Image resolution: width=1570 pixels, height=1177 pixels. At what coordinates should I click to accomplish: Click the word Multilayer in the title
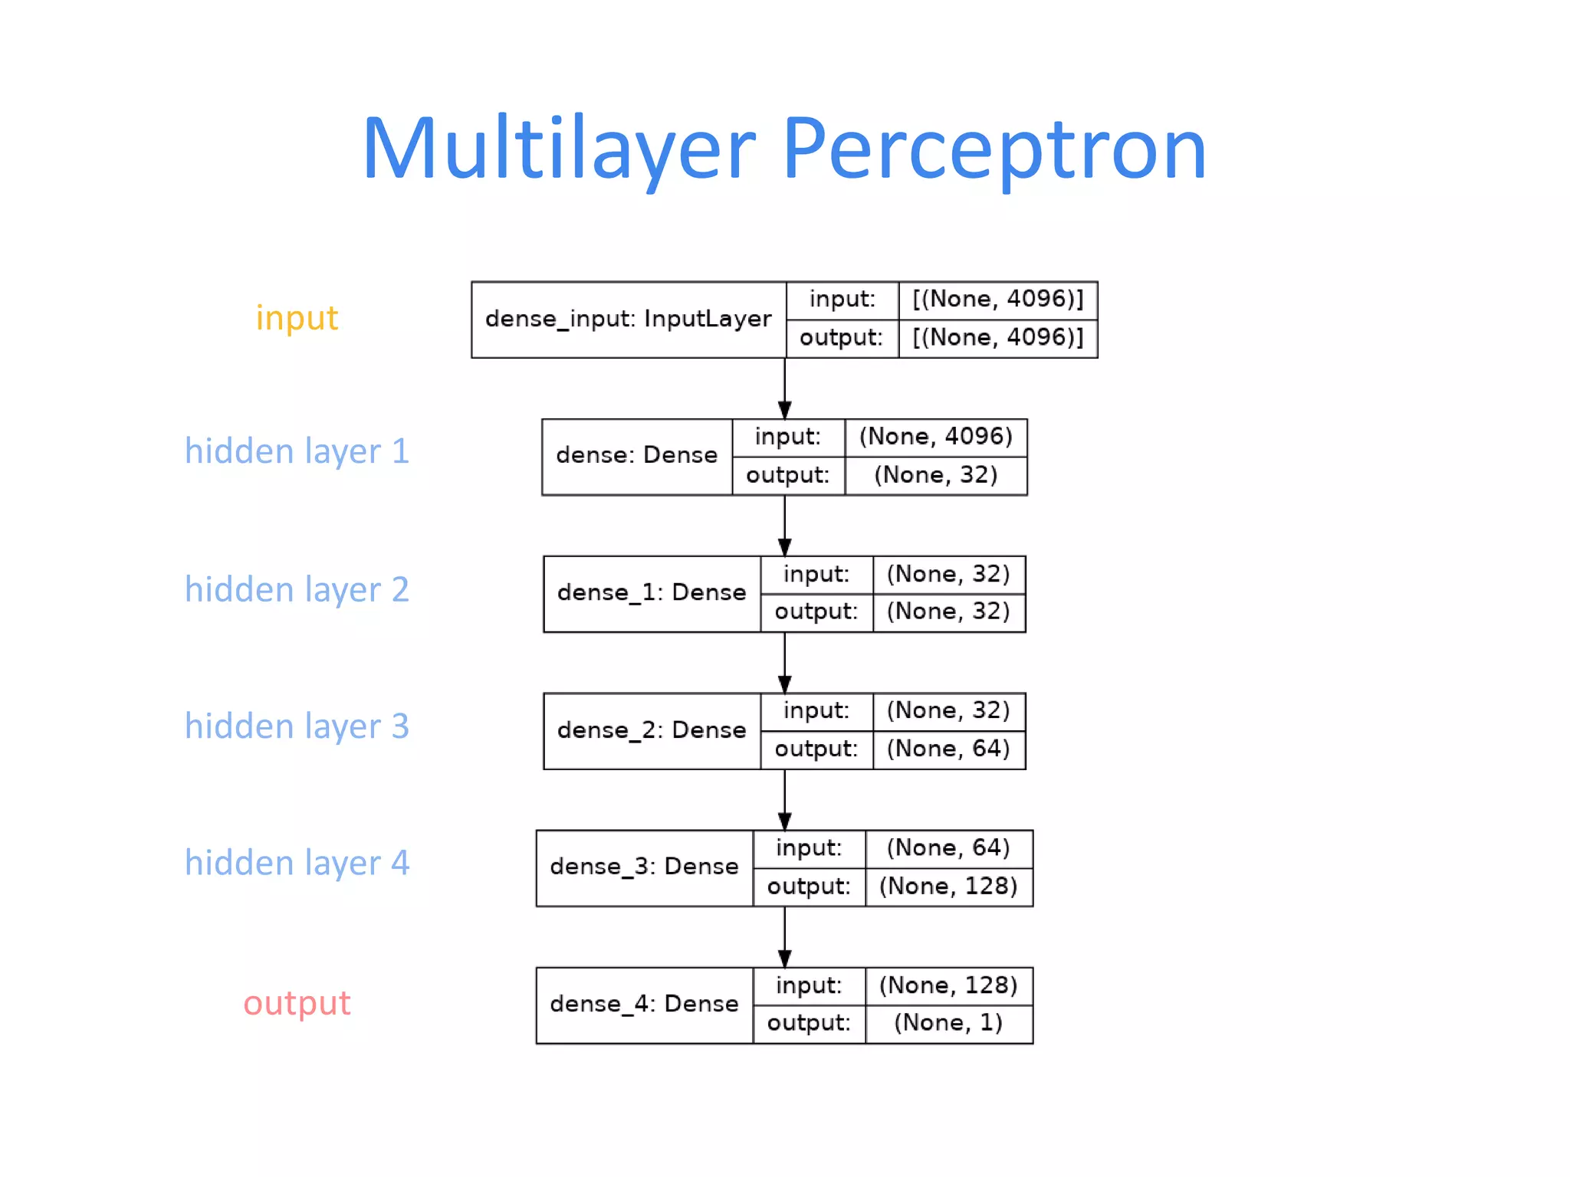[x=558, y=149]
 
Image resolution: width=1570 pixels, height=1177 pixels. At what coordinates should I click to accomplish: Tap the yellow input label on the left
[x=297, y=318]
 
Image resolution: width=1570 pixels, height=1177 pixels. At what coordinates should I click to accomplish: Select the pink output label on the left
[x=297, y=1003]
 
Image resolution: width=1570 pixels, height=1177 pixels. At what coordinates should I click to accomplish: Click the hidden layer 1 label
[x=297, y=451]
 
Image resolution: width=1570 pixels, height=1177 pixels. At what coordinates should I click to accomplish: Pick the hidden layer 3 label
[x=297, y=726]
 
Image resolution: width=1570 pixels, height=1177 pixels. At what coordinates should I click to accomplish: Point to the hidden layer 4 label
[x=297, y=864]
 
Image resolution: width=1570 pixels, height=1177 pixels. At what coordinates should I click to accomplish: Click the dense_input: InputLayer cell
[x=629, y=320]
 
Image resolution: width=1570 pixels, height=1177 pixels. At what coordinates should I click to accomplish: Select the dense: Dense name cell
[x=636, y=456]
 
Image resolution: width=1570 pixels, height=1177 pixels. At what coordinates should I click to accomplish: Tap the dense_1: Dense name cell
[x=652, y=593]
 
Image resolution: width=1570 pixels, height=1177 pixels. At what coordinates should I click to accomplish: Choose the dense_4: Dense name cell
[x=644, y=1005]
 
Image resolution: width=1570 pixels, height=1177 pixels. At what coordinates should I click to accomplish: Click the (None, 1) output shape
[x=948, y=1023]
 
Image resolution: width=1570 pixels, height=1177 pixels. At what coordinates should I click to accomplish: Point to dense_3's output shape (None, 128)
[x=948, y=887]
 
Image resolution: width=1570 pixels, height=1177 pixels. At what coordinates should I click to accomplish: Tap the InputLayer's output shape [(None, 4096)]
[x=997, y=338]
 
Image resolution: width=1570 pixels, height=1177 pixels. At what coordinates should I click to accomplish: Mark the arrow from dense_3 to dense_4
[x=784, y=937]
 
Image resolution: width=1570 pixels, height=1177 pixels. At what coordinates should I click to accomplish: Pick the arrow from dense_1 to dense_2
[x=784, y=663]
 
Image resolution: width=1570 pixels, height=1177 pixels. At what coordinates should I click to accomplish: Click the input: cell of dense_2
[x=816, y=711]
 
